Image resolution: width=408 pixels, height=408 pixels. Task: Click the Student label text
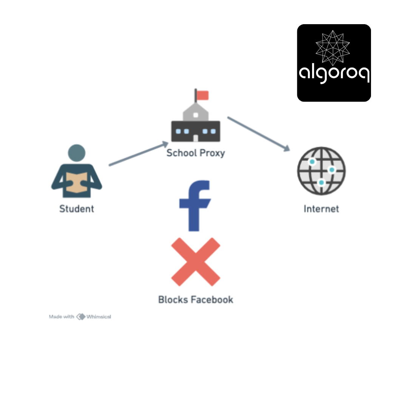click(x=76, y=209)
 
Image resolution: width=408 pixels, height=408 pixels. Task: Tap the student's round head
click(x=76, y=153)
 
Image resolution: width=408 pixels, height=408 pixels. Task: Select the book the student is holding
click(x=76, y=182)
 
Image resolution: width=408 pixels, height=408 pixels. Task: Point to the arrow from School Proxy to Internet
click(x=259, y=134)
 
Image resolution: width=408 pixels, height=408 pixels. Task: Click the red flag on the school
click(x=202, y=95)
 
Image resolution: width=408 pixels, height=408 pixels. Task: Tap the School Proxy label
click(x=196, y=153)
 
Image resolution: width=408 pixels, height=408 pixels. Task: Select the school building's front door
click(x=196, y=138)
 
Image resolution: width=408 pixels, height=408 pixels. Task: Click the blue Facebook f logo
click(x=195, y=206)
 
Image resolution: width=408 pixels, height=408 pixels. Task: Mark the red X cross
click(x=196, y=262)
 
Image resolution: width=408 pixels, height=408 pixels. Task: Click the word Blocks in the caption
click(x=173, y=300)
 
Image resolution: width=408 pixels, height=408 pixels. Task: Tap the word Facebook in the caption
click(x=212, y=300)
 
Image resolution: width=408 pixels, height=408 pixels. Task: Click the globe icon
click(x=321, y=171)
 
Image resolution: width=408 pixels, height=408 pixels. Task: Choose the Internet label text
click(x=321, y=209)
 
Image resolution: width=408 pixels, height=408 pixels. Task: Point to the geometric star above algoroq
click(x=332, y=48)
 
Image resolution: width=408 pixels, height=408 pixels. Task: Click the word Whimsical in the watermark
click(x=99, y=317)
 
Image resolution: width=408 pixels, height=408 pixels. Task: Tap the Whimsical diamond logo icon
click(x=81, y=317)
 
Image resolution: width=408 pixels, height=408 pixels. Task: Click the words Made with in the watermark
click(x=62, y=317)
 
